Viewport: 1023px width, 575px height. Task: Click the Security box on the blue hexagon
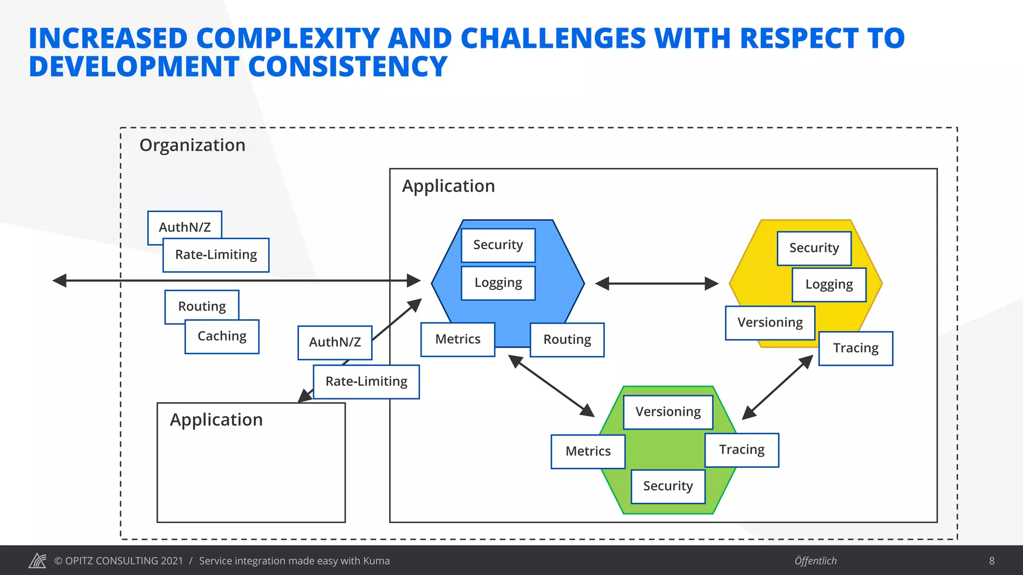click(x=498, y=245)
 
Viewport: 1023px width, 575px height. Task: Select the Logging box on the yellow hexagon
click(x=829, y=285)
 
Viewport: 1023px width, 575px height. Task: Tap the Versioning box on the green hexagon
click(x=668, y=412)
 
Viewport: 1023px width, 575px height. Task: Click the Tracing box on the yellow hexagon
click(x=856, y=348)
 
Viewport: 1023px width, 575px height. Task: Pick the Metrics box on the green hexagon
click(x=588, y=451)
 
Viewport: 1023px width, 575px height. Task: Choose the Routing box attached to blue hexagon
click(x=567, y=340)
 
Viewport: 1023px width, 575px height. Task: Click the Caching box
click(x=222, y=336)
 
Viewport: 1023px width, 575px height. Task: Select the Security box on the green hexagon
click(x=668, y=486)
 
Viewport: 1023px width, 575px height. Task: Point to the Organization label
click(x=192, y=145)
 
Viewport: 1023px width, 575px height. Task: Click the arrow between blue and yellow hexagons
click(x=657, y=284)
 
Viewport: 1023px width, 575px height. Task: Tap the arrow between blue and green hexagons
click(x=551, y=385)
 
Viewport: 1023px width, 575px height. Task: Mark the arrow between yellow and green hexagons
click(x=778, y=387)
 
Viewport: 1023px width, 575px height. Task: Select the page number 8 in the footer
click(x=992, y=561)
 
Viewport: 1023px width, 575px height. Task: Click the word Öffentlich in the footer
click(x=815, y=561)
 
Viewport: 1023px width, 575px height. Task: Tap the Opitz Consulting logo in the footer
click(x=37, y=561)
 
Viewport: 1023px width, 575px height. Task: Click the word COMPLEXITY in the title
click(x=288, y=38)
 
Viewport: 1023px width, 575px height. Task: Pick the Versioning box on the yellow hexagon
click(x=770, y=322)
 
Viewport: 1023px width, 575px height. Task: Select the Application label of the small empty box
click(x=216, y=420)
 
